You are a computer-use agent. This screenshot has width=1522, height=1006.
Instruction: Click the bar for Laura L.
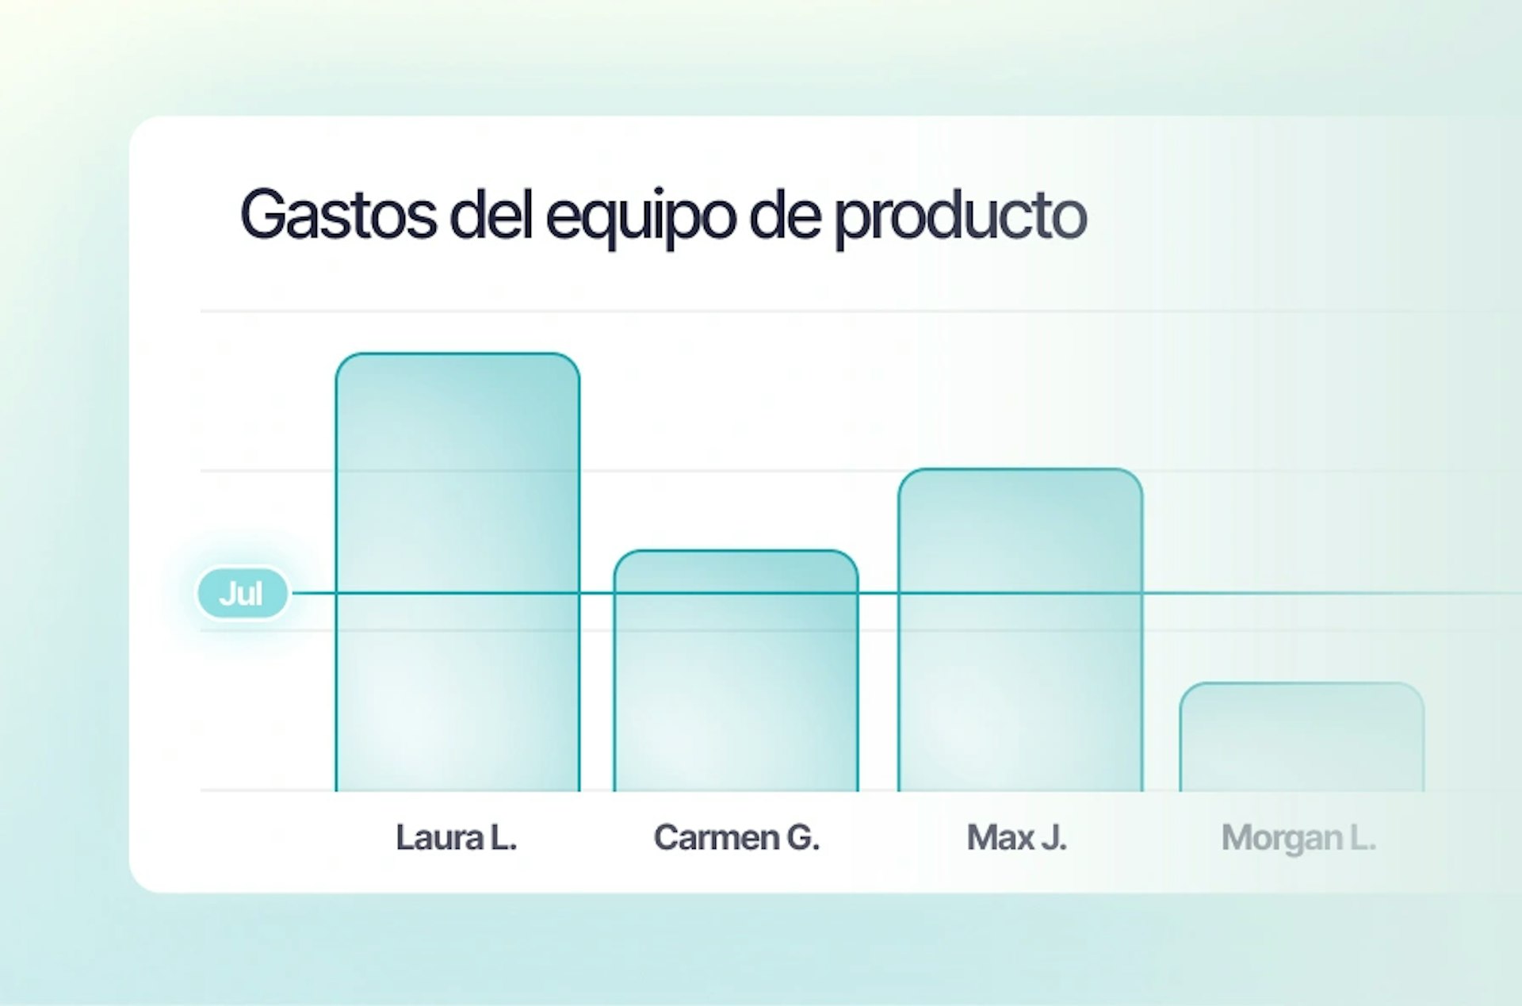[457, 572]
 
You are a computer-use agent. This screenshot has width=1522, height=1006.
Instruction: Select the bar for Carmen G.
[736, 671]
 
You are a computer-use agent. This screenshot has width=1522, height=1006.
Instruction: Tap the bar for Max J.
[1020, 630]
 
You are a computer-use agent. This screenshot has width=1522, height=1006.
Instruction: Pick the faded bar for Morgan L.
[1302, 736]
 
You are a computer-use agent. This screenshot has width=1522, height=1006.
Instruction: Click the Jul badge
[242, 593]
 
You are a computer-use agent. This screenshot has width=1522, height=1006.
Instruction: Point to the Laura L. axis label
[457, 837]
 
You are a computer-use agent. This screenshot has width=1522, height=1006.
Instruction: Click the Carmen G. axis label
[736, 837]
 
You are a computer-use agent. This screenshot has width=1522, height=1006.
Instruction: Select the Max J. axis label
[1017, 837]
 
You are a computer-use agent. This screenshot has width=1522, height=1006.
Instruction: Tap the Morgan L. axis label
[1298, 839]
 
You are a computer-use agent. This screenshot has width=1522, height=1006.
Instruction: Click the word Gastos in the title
[338, 214]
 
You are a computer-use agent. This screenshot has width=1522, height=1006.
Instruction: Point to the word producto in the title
[961, 218]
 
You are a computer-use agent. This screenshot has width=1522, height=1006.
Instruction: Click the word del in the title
[491, 214]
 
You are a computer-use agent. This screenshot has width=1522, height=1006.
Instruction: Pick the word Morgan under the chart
[1282, 839]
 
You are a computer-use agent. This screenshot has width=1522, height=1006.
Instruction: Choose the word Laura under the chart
[440, 837]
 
